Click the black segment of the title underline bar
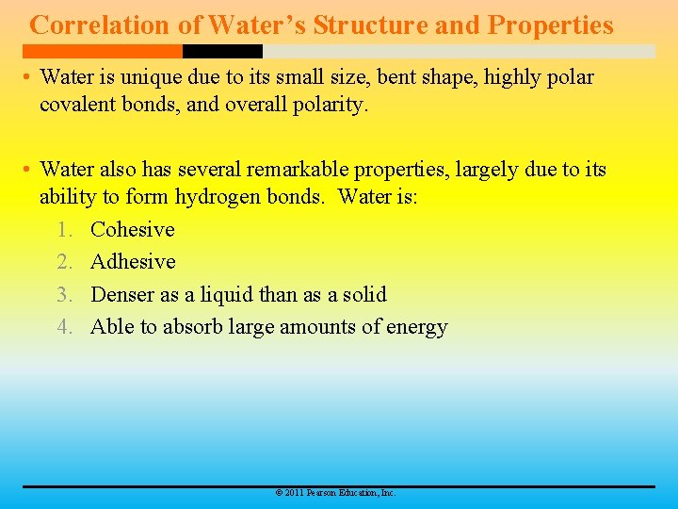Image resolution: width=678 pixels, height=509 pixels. [x=222, y=51]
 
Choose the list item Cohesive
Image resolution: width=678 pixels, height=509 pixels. [x=133, y=230]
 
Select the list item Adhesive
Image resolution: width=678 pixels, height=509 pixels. [x=133, y=262]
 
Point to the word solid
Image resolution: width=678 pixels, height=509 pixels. [x=364, y=295]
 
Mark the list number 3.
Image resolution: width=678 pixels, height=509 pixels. [x=63, y=295]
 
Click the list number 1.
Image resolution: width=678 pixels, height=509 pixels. [x=63, y=230]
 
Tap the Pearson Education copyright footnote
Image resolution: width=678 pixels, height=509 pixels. [x=334, y=493]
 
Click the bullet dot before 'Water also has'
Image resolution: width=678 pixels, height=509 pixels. [x=28, y=171]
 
